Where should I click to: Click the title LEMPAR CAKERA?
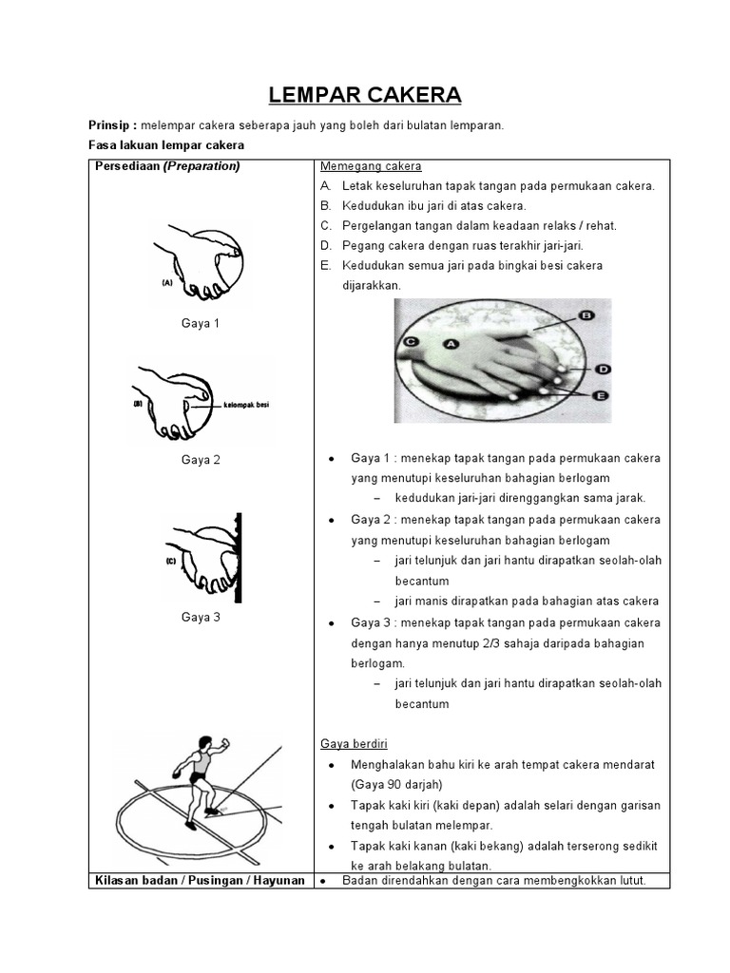[365, 95]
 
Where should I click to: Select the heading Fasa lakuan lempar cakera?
[165, 145]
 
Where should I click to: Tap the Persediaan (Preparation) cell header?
[166, 166]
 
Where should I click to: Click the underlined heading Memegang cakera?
[371, 166]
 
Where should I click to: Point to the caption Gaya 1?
[201, 323]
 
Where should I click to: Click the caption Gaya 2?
[201, 460]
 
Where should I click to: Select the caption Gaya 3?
[201, 617]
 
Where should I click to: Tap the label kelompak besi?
[246, 404]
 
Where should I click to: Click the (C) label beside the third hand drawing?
[171, 562]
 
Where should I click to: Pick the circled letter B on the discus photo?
[586, 315]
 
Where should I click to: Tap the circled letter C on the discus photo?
[411, 340]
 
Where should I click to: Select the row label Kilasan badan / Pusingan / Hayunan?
[200, 880]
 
